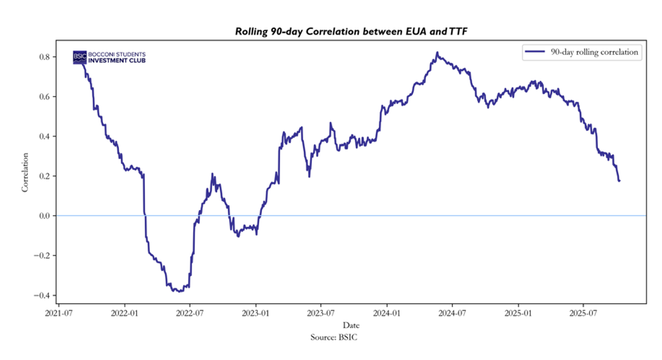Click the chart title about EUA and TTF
[348, 31]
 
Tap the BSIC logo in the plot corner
[109, 57]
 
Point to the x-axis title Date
[351, 325]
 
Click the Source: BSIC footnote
[351, 337]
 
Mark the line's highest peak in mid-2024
[437, 53]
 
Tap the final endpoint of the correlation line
[619, 181]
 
